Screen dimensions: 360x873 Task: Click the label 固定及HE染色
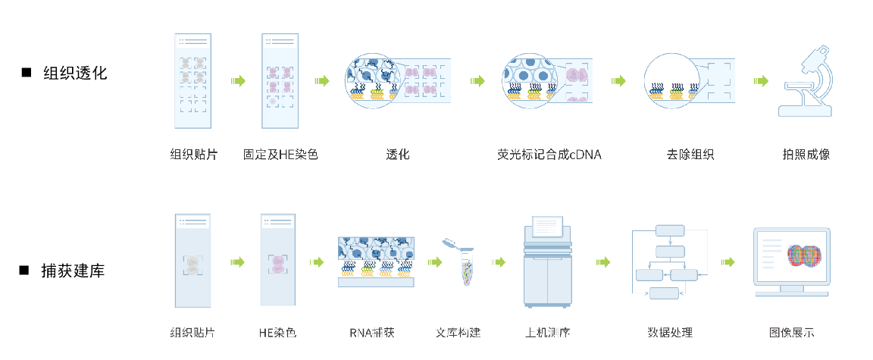pos(280,155)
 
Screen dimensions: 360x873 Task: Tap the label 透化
pos(398,155)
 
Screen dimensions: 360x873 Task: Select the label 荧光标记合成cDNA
pos(549,155)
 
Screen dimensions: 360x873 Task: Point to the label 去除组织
pos(690,155)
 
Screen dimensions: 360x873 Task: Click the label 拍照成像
pos(806,155)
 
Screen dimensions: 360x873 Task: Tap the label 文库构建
pos(458,333)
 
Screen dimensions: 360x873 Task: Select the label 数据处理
pos(670,333)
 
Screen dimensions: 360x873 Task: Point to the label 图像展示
pos(792,333)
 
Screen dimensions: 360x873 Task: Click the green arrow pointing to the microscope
pos(760,81)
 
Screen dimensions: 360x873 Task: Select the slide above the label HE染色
pos(277,261)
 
